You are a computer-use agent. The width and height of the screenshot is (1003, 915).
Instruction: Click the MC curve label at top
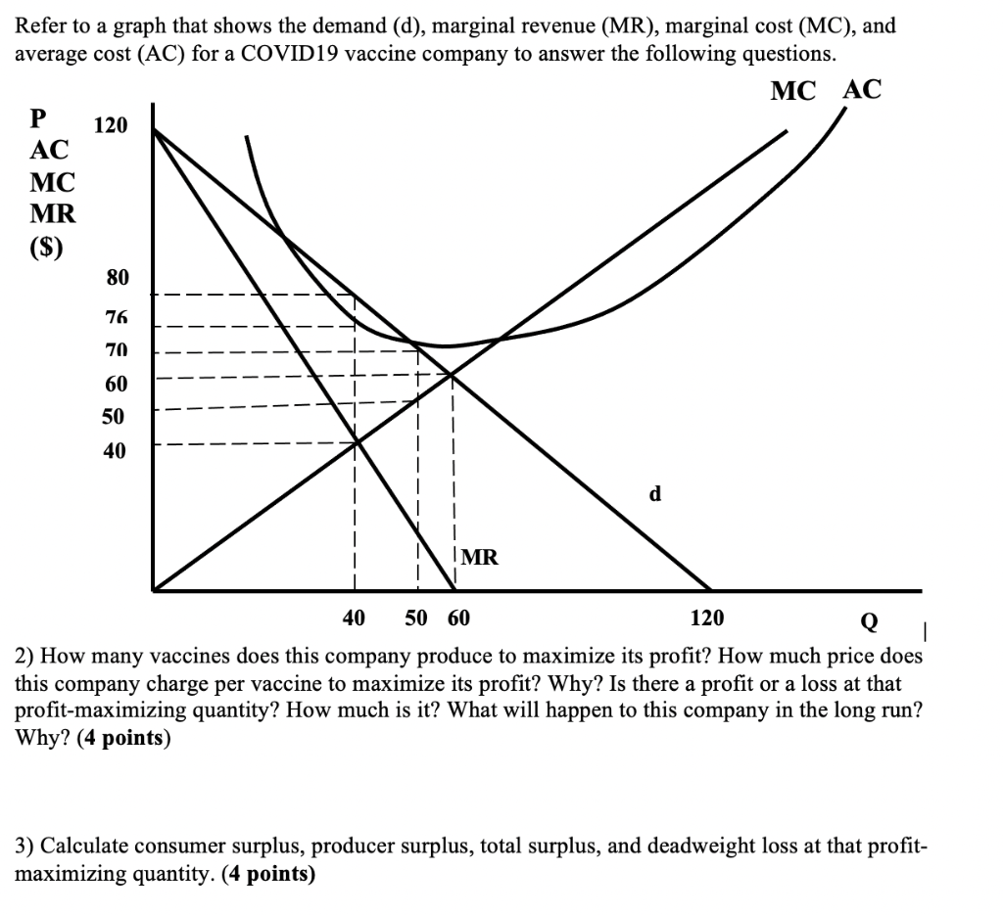click(793, 91)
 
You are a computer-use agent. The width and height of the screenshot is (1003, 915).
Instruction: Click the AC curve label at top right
click(863, 90)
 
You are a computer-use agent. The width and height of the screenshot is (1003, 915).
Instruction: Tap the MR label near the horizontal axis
click(480, 558)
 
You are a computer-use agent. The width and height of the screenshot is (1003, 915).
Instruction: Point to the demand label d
click(655, 494)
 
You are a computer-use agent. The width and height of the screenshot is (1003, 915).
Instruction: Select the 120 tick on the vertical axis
click(110, 125)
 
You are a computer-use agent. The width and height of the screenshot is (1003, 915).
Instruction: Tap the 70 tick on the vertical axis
click(117, 348)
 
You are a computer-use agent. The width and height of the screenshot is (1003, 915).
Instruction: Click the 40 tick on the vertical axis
click(115, 451)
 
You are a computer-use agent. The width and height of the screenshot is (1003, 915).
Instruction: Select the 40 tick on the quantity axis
click(354, 618)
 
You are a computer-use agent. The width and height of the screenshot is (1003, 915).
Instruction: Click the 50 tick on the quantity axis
click(416, 618)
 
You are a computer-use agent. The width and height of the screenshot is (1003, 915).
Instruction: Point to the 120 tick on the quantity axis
click(707, 618)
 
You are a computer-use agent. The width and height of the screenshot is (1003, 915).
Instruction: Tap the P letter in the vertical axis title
click(38, 117)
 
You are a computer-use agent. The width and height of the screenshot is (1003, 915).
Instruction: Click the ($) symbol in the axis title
click(46, 247)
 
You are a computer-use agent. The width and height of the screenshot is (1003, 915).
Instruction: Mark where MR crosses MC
click(357, 442)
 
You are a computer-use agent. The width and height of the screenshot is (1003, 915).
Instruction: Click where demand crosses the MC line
click(452, 373)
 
